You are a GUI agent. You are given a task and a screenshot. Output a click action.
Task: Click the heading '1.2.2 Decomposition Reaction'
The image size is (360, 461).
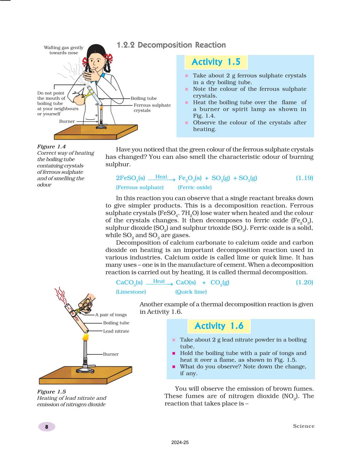coord(171,45)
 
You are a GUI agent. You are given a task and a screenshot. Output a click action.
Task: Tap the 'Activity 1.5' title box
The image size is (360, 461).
coord(216,62)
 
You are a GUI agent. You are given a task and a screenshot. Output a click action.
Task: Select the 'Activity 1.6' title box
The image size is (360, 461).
coord(219,326)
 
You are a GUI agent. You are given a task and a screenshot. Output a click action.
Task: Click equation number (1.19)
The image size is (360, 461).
coord(304,178)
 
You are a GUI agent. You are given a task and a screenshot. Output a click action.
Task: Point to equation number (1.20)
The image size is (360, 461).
coord(304,282)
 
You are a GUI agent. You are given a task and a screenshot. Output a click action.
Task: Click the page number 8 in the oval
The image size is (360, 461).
coord(46,427)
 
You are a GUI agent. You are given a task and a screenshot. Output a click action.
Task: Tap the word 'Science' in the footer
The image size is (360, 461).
coord(304,426)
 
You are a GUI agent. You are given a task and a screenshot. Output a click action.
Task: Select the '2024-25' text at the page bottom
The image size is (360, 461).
coord(180,442)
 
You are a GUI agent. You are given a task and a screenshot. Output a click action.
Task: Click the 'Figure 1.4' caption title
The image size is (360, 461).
coord(51,146)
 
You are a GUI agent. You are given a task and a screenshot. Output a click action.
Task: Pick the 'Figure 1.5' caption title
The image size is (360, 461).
coord(51,392)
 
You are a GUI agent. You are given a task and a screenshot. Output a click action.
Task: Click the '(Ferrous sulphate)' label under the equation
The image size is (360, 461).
coord(140,187)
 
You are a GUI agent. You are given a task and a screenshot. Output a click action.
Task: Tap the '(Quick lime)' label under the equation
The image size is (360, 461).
coord(191,292)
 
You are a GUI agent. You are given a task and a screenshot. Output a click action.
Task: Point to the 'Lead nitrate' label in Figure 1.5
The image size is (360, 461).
coord(116,331)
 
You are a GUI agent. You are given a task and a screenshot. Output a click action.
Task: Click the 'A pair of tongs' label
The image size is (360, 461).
coord(111,315)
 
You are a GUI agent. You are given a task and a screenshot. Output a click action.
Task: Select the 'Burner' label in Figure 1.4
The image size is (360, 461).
coord(67,121)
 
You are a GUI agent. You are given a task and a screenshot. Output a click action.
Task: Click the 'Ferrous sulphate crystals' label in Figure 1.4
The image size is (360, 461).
coord(152,108)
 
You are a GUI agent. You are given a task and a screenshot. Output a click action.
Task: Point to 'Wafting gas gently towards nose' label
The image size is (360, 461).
coord(64,50)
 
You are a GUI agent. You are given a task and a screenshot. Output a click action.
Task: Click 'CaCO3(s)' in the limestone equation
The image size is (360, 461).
coord(129,283)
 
